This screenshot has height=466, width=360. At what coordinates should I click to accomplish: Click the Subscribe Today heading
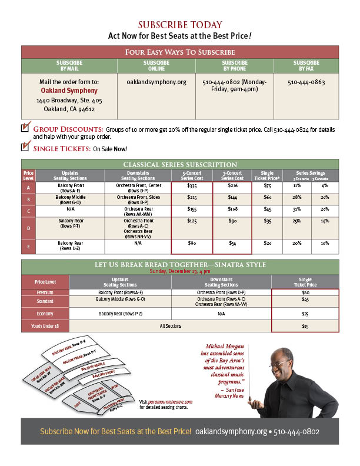coord(180,25)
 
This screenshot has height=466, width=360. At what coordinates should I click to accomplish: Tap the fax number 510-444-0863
coord(306,82)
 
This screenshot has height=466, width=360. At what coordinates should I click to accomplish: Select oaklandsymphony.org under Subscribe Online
coord(156,82)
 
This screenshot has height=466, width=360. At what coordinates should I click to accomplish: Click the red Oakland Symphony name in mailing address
coord(69,91)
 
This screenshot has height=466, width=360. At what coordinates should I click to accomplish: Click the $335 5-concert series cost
coord(191,185)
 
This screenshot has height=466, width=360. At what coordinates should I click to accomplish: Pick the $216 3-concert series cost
coord(232,185)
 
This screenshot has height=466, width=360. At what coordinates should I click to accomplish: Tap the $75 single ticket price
coord(267,185)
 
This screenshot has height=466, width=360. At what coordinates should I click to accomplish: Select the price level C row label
coord(28,210)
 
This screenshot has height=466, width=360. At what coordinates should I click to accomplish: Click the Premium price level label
coord(45,292)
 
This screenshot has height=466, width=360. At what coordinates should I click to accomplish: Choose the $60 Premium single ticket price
coord(305,292)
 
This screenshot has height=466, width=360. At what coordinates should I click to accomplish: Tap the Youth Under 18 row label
coord(45,325)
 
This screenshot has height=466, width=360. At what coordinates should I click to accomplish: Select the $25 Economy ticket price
coord(305,314)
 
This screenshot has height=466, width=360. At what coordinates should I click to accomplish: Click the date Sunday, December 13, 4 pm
coord(180,272)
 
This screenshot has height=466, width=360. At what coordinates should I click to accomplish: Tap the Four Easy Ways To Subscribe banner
coord(180,52)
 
